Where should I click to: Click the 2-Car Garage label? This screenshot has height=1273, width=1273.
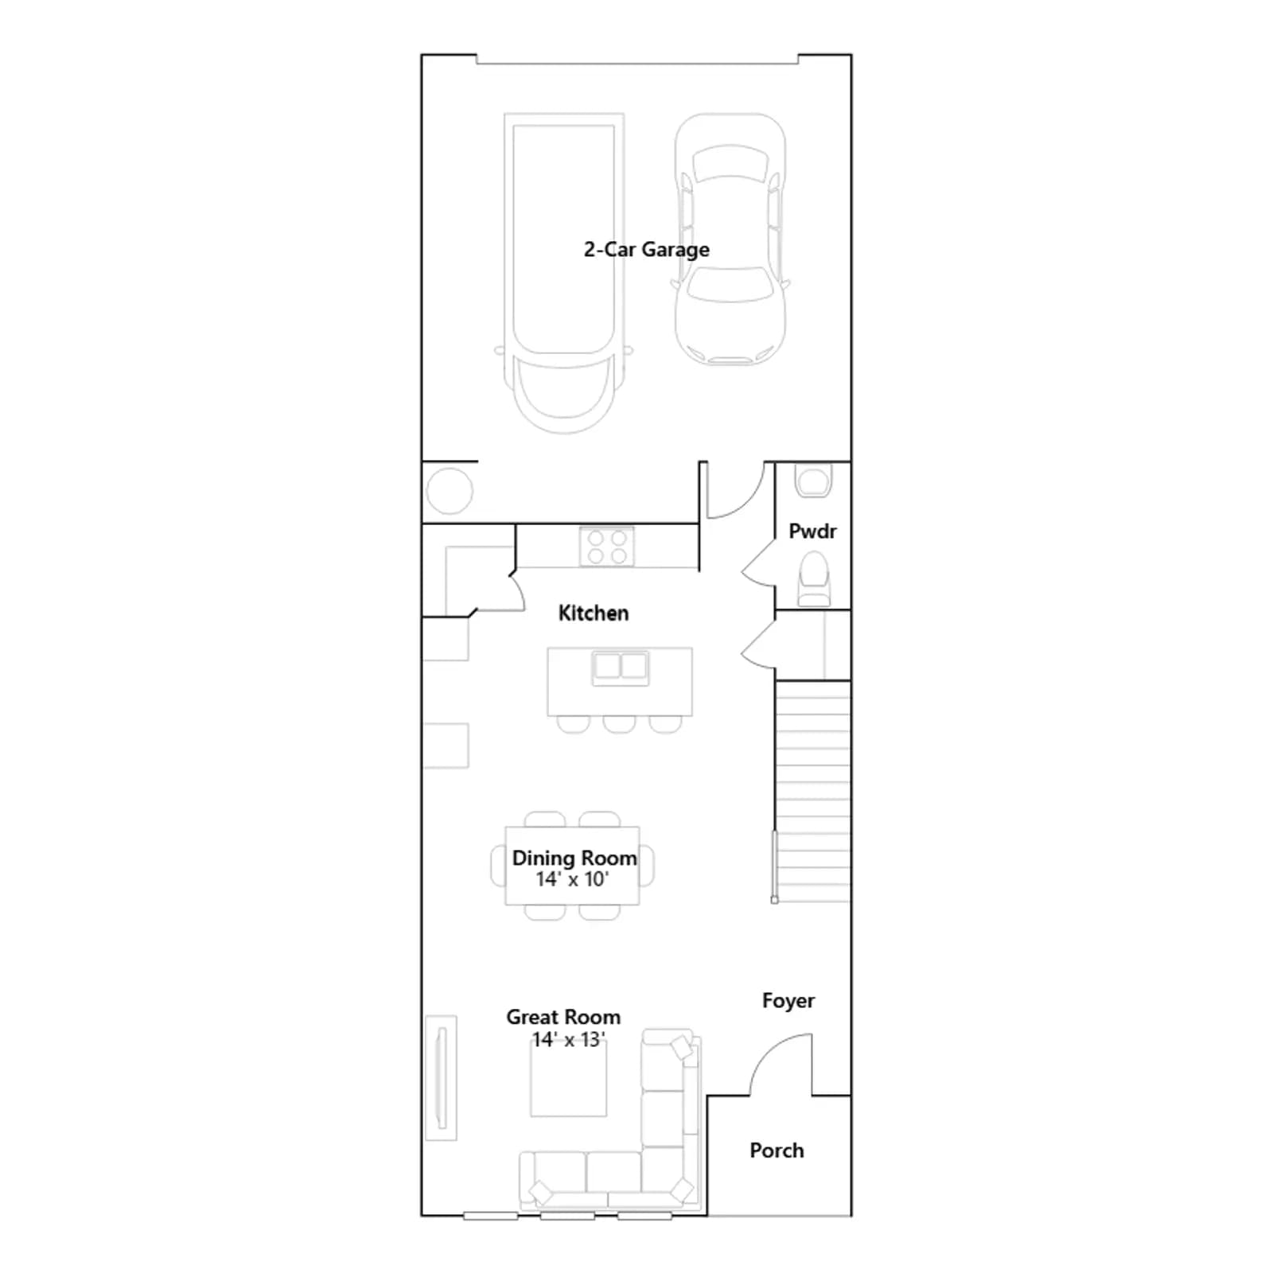click(646, 250)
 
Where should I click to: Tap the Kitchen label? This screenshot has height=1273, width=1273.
click(594, 613)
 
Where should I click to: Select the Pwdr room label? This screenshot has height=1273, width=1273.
click(812, 531)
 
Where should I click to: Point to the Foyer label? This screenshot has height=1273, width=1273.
click(788, 1001)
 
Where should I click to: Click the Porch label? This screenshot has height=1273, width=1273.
click(777, 1150)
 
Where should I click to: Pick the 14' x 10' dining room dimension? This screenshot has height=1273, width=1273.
click(572, 879)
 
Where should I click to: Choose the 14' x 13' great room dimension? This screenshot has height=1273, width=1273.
click(569, 1040)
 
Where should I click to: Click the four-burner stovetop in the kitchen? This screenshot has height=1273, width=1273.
click(607, 547)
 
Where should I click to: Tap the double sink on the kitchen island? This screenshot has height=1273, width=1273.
click(621, 668)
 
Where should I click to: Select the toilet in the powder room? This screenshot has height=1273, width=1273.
click(813, 579)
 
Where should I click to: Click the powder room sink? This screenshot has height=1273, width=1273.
click(813, 481)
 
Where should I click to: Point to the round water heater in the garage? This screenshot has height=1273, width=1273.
click(450, 491)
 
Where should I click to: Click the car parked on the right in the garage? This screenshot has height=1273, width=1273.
click(730, 239)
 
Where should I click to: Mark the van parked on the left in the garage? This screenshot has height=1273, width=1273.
click(564, 273)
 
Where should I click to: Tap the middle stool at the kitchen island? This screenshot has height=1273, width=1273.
click(619, 724)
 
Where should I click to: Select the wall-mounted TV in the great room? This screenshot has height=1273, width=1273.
click(441, 1077)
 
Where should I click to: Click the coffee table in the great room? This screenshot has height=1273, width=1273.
click(569, 1078)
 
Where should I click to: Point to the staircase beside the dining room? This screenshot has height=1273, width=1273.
click(812, 792)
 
